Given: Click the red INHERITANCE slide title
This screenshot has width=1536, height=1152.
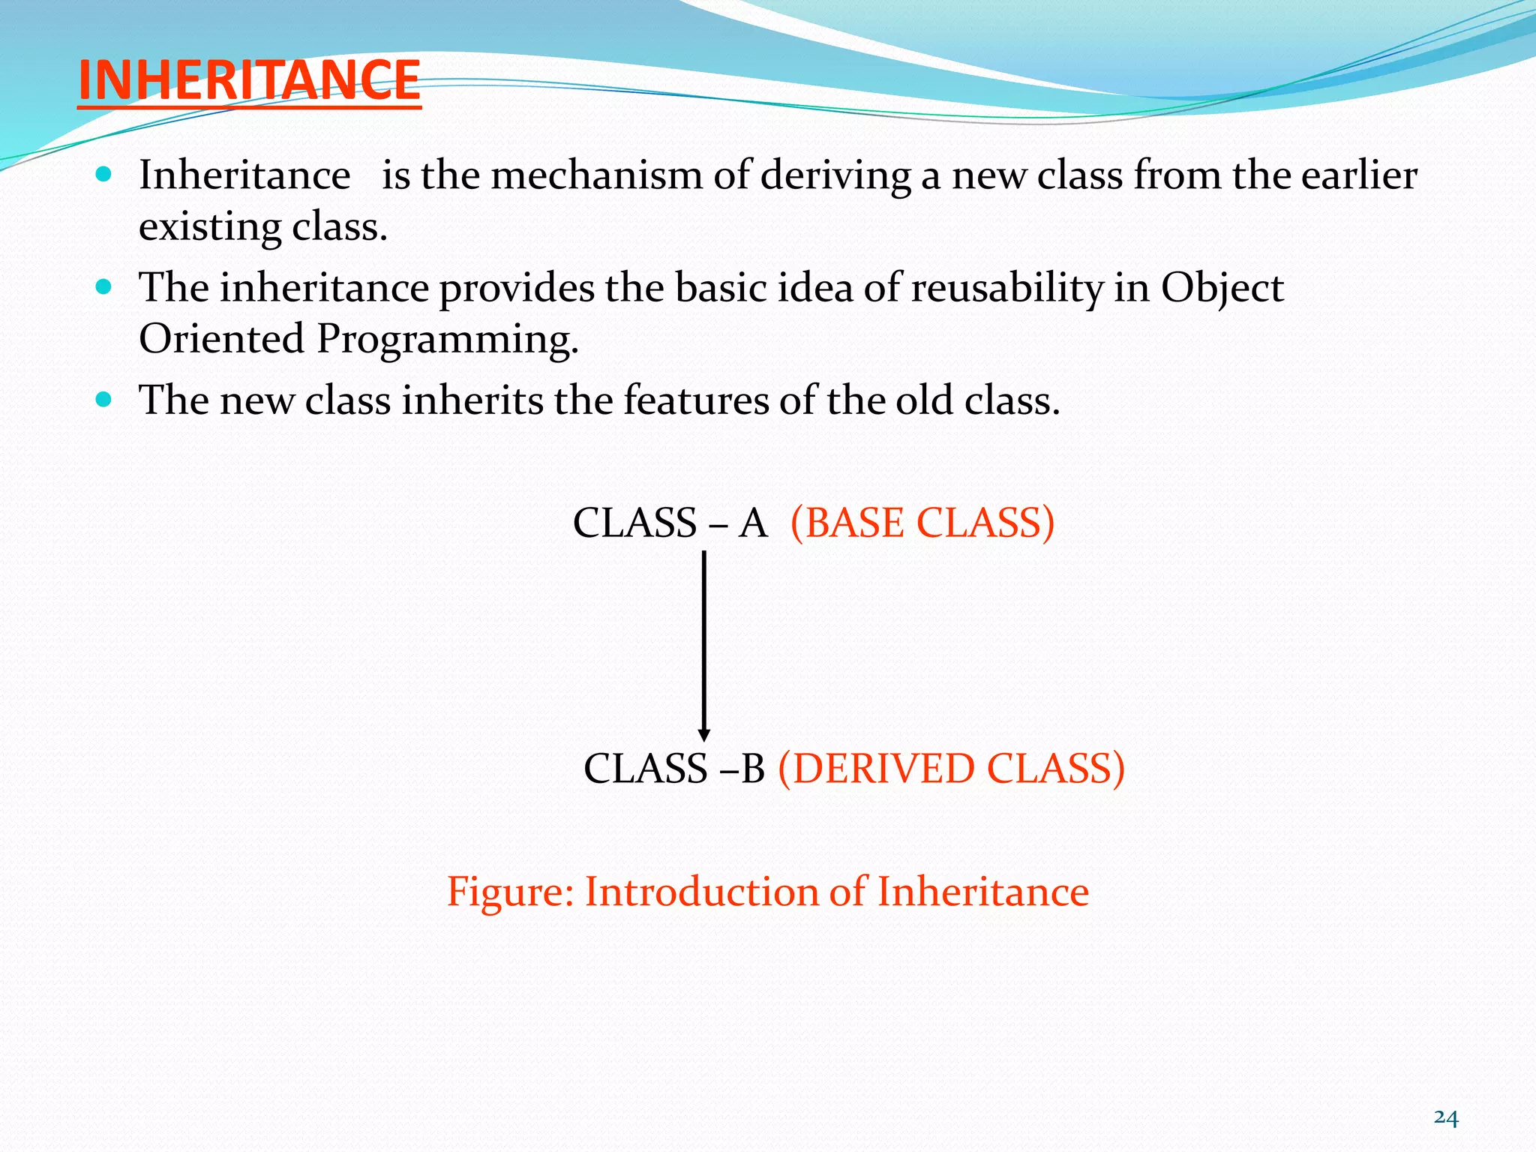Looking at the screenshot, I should click(248, 80).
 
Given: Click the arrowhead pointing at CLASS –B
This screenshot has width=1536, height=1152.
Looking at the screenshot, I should click(703, 734).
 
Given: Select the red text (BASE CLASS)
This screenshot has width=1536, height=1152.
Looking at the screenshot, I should click(922, 523).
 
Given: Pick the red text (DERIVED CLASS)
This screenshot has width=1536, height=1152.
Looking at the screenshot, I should click(951, 769).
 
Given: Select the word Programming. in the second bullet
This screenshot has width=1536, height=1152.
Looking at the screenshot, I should click(447, 340).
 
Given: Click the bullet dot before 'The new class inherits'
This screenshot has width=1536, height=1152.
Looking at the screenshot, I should click(104, 400).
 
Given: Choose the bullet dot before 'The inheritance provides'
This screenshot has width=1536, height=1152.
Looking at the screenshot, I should click(104, 287).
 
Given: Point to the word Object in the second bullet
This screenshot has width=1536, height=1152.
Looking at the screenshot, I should click(1222, 289).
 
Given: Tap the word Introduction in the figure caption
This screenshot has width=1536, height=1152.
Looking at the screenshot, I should click(700, 892).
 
